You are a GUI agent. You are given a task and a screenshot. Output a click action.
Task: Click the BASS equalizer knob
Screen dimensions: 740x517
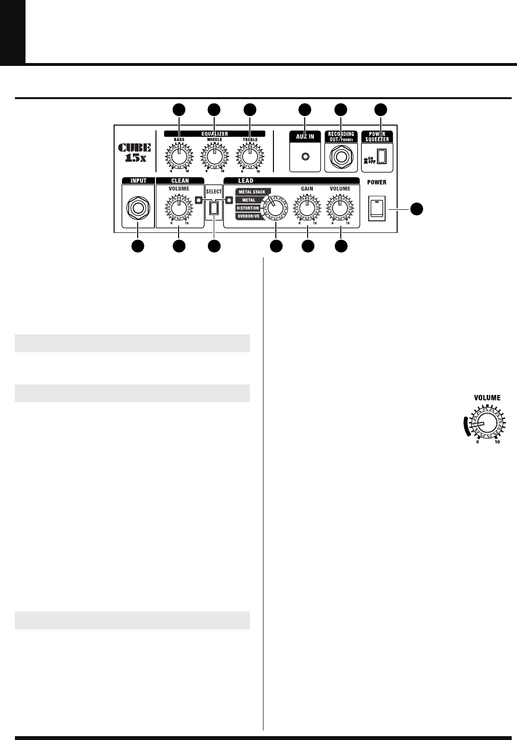click(x=179, y=156)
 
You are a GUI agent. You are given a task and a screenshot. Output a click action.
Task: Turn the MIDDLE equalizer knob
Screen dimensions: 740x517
click(x=214, y=156)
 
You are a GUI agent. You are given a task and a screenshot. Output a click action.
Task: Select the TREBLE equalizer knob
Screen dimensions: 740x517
click(x=250, y=156)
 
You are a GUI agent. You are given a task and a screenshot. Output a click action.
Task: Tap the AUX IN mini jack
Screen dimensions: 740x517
click(x=305, y=156)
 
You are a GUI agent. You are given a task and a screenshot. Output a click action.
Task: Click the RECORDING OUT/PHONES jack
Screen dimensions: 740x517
click(x=341, y=157)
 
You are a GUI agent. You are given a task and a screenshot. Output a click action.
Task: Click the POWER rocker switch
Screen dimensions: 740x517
click(x=377, y=208)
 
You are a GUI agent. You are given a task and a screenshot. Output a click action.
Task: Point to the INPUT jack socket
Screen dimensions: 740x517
click(x=138, y=208)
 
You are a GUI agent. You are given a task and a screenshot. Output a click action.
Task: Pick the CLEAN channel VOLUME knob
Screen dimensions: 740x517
click(x=179, y=208)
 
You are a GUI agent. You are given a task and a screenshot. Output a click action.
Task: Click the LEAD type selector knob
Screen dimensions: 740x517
click(x=276, y=208)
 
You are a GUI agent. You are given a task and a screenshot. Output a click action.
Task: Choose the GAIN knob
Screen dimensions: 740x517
click(x=307, y=208)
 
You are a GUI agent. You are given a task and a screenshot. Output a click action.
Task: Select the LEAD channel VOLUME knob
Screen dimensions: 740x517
click(x=340, y=208)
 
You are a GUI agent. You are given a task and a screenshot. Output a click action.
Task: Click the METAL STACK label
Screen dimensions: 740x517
click(x=252, y=192)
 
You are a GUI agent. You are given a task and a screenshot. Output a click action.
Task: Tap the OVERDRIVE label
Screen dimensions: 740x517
click(x=248, y=217)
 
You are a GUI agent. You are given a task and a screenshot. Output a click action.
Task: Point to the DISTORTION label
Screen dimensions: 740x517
click(x=248, y=208)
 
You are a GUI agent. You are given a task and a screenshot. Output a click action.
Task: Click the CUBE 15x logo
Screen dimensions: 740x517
click(x=135, y=152)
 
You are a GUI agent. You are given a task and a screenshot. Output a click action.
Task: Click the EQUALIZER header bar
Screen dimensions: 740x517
click(x=215, y=133)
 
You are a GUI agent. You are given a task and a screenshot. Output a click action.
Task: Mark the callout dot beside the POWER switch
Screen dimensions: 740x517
click(x=416, y=208)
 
